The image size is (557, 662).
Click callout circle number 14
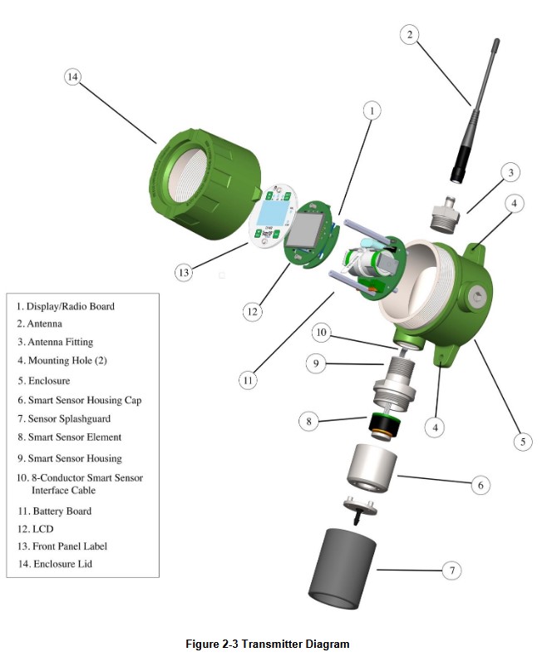(72, 77)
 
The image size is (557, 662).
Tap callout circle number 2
(409, 34)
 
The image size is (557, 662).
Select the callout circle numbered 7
(451, 571)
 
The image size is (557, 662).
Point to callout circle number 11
(248, 380)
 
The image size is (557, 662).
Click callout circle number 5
(522, 442)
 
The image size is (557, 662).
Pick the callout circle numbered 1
(372, 111)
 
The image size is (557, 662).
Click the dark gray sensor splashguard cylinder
(343, 568)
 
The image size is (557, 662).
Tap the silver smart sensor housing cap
(372, 468)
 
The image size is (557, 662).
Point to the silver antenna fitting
(445, 214)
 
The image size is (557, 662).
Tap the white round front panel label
(274, 216)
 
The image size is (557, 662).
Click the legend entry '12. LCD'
(36, 529)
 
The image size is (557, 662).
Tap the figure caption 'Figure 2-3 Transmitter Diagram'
(268, 644)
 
